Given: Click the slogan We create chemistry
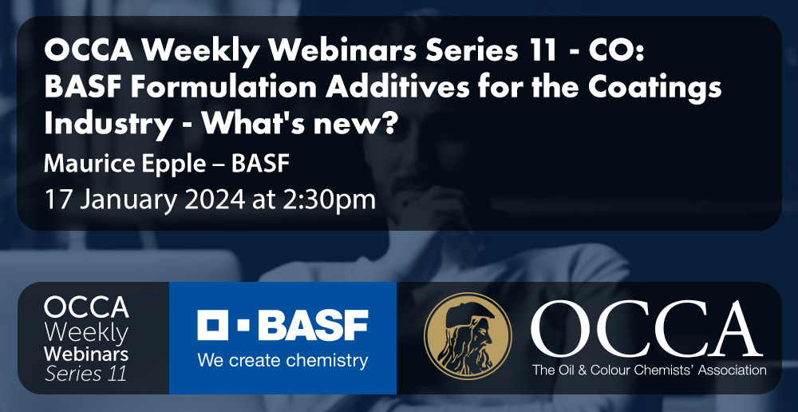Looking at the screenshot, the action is point(282,361).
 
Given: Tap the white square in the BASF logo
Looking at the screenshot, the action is point(213,326).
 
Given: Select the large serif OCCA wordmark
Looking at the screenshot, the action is point(646,330).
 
